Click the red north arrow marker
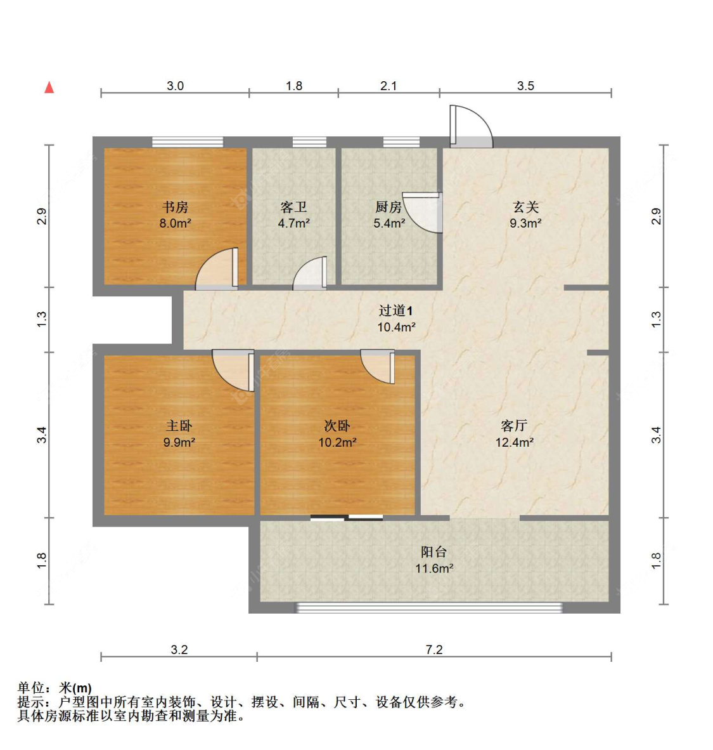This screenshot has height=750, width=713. (49, 88)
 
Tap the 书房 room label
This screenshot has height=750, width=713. (176, 207)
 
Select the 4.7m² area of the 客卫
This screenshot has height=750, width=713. (293, 223)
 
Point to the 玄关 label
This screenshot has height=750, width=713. (525, 207)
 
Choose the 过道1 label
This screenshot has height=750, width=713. (396, 311)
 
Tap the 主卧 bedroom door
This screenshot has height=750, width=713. (233, 370)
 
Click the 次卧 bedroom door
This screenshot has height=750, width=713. (378, 366)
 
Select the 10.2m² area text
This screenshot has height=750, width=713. (337, 442)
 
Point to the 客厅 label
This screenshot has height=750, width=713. (514, 426)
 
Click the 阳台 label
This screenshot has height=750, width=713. (434, 552)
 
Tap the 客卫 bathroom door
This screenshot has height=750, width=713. (311, 274)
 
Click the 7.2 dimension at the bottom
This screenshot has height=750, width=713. (434, 650)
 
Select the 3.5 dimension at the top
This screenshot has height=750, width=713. (525, 86)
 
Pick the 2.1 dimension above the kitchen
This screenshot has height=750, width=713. (389, 86)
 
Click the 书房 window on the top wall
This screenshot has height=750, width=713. (188, 142)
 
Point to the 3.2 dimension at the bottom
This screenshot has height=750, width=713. (179, 650)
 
